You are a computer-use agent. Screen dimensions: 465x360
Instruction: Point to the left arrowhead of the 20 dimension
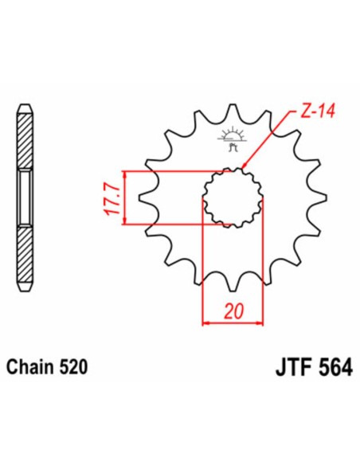(207, 323)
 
